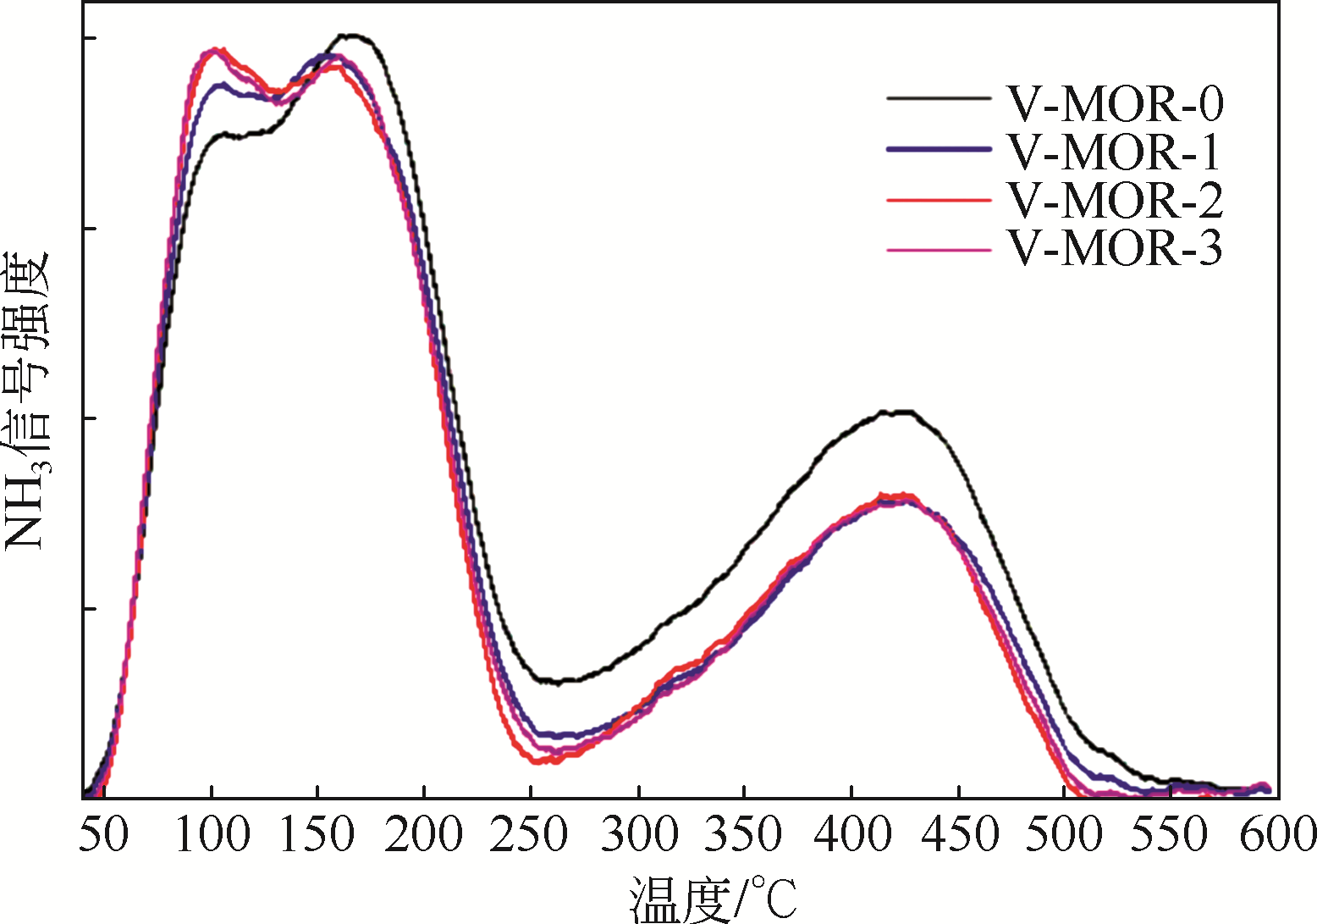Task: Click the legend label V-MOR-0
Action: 1115,103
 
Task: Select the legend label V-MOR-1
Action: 1115,152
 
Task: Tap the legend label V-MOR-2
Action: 1115,201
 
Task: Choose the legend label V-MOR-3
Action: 1115,249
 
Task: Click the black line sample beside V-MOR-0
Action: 939,99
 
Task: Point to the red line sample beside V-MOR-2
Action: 939,201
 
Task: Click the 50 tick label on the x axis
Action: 103,834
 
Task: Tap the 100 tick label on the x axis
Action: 212,834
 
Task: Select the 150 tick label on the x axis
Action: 317,834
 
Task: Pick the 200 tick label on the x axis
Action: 423,834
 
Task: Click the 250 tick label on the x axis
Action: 530,834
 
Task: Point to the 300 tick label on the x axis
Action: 639,834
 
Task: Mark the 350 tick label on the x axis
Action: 744,834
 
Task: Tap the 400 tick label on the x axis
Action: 851,834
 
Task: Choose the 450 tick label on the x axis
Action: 959,834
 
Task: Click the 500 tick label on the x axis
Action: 1065,834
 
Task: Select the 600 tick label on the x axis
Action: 1276,834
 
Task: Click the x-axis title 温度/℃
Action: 713,898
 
